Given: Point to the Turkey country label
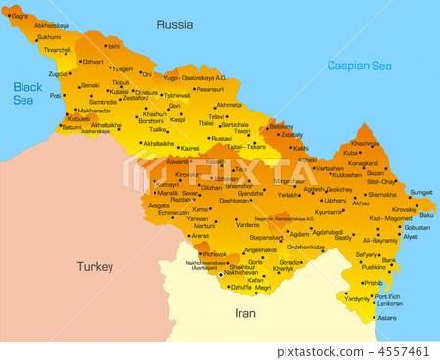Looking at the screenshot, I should point(95,265).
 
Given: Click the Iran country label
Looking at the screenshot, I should point(245,313).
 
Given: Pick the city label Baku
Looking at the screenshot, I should point(426,215).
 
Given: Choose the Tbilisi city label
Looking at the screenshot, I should point(206,124).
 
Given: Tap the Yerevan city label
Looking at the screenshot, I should point(198,218).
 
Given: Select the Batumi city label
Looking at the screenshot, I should point(71,127).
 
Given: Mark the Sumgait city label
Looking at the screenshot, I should point(420,192).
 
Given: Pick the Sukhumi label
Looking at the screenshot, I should point(49,37).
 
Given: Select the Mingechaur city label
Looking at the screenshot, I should point(290,181).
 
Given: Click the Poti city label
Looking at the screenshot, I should point(56,96).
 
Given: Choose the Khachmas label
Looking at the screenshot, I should point(365,143).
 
